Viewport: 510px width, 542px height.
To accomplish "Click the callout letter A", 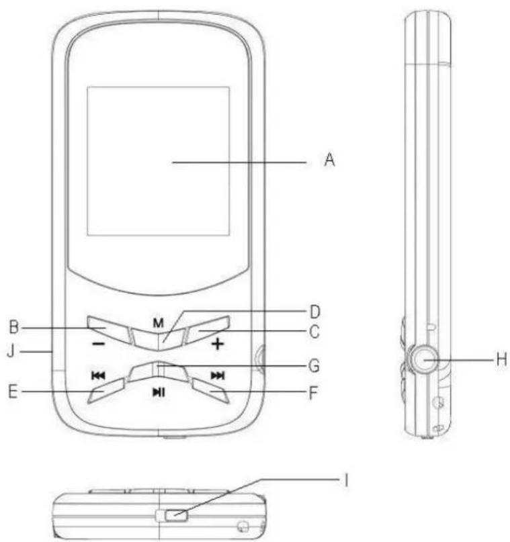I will [329, 161].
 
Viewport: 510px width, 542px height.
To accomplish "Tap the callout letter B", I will [13, 328].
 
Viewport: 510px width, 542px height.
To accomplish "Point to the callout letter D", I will [314, 312].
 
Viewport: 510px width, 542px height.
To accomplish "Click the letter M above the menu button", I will [158, 322].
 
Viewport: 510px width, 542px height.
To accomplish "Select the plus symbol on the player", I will [216, 345].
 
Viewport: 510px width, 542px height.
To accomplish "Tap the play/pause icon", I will [158, 394].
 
